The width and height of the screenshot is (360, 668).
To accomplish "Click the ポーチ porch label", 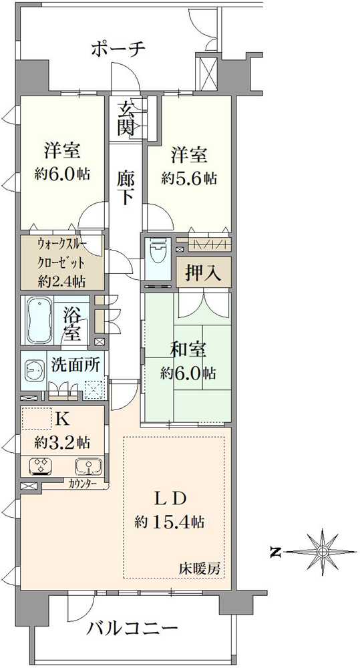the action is pyautogui.click(x=118, y=49).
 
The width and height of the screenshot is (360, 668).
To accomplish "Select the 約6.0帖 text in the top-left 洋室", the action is pyautogui.click(x=63, y=174).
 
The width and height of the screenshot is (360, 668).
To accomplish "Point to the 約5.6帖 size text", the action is pyautogui.click(x=189, y=178).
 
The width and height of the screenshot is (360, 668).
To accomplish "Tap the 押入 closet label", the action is pyautogui.click(x=203, y=273).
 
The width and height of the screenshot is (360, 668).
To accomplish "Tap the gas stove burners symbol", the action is pyautogui.click(x=41, y=465).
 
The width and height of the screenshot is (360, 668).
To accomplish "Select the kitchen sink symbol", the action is pyautogui.click(x=89, y=466).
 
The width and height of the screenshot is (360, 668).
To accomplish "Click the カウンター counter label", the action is pyautogui.click(x=84, y=484).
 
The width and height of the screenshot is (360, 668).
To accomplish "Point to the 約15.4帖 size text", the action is pyautogui.click(x=170, y=522).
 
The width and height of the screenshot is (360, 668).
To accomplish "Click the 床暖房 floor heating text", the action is pyautogui.click(x=200, y=568).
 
